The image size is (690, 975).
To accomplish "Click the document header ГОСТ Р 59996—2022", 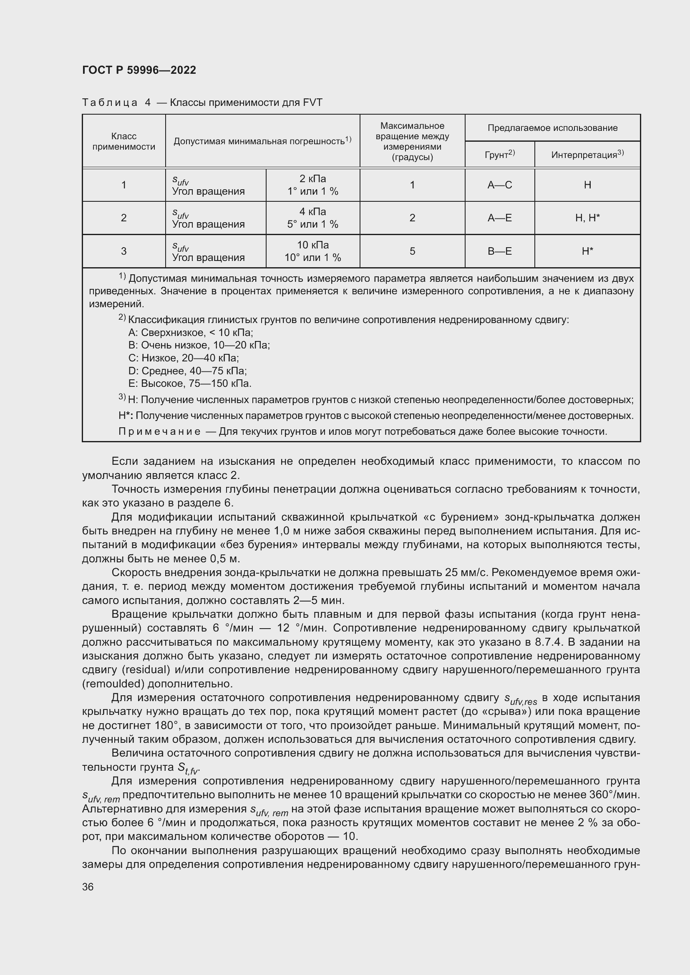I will click(139, 70).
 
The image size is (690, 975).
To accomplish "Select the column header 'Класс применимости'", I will click(123, 141).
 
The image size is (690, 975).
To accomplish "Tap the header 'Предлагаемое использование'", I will click(552, 128).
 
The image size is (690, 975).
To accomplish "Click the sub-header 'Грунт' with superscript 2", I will click(499, 155).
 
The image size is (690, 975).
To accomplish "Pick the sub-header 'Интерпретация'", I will click(587, 155).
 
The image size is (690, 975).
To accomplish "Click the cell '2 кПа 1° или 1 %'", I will click(313, 185).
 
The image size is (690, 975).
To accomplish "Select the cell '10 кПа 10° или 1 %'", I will click(313, 251).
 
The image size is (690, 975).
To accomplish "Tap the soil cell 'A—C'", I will click(500, 185).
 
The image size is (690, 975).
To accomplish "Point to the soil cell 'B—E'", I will click(500, 251).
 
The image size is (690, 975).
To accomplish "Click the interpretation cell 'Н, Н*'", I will click(587, 218).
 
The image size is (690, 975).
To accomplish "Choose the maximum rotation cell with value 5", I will click(412, 251).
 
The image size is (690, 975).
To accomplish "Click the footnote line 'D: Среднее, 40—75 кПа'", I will click(187, 371).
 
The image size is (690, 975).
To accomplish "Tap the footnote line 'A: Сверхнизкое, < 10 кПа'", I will click(190, 333).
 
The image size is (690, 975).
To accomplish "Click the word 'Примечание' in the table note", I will click(159, 432).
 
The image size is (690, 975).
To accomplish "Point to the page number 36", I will click(88, 887).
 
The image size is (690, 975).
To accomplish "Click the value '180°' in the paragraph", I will click(154, 725).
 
